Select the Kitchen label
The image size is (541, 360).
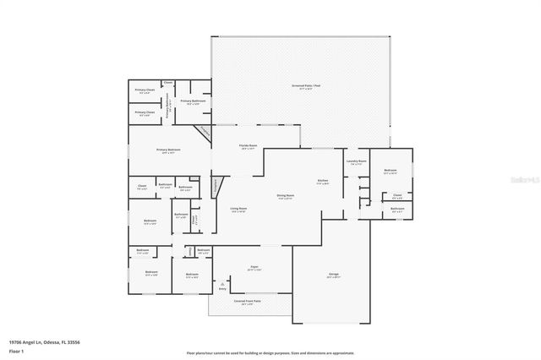tap(322, 182)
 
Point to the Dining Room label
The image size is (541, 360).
tap(284, 197)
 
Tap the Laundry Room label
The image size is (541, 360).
tap(356, 162)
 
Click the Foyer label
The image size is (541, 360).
tap(253, 268)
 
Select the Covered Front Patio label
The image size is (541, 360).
tap(248, 301)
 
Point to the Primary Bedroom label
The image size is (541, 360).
tap(168, 151)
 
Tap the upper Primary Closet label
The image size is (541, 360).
tap(145, 91)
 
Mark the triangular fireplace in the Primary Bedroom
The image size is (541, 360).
tap(203, 135)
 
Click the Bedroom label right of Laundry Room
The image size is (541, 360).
tap(390, 172)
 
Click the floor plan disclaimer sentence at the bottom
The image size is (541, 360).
tap(270, 352)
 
